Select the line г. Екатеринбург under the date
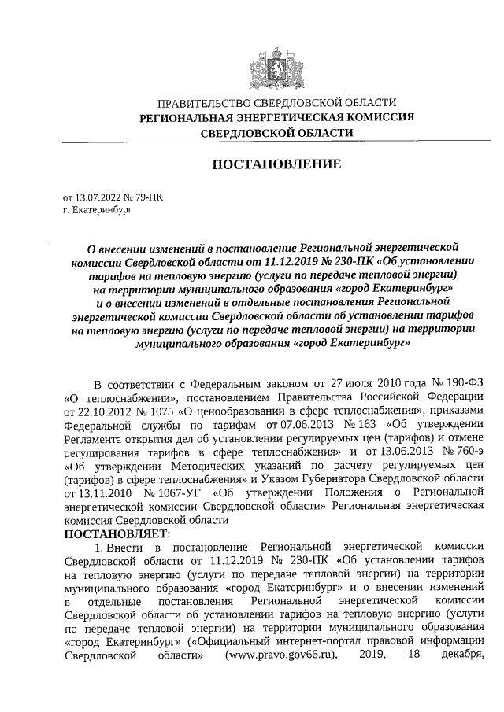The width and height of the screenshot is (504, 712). [98, 211]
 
